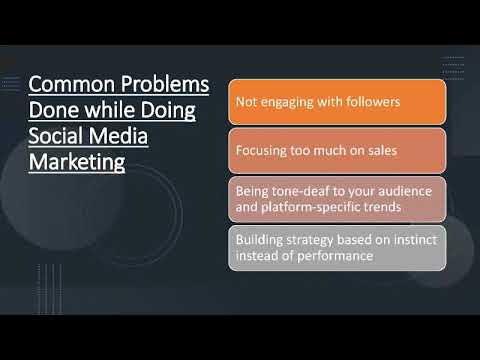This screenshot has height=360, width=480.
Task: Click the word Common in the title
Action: tap(62, 83)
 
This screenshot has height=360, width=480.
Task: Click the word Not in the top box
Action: tap(246, 102)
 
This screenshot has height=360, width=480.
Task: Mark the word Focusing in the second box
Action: tap(262, 151)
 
